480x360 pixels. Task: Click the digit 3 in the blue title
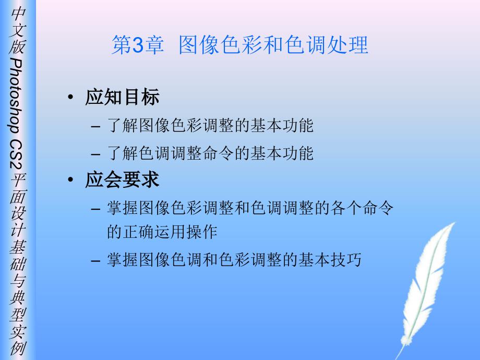pyautogui.click(x=138, y=45)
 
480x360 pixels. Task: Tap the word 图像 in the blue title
pyautogui.click(x=199, y=45)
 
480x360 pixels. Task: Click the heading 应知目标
pyautogui.click(x=123, y=97)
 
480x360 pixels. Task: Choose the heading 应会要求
pyautogui.click(x=123, y=179)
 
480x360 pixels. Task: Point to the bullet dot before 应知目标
pyautogui.click(x=71, y=98)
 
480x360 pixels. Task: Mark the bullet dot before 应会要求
pyautogui.click(x=71, y=179)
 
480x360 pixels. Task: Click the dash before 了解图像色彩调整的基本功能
pyautogui.click(x=95, y=126)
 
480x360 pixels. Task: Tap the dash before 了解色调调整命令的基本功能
pyautogui.click(x=95, y=154)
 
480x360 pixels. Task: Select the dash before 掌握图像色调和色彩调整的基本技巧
pyautogui.click(x=95, y=261)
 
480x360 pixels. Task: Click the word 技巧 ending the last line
pyautogui.click(x=346, y=260)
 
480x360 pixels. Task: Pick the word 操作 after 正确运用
pyautogui.click(x=202, y=232)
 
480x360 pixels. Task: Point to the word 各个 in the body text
pyautogui.click(x=346, y=208)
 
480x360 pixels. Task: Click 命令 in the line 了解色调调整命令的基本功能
pyautogui.click(x=218, y=153)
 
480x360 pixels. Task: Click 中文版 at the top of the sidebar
pyautogui.click(x=17, y=30)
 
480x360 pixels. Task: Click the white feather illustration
pyautogui.click(x=427, y=288)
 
